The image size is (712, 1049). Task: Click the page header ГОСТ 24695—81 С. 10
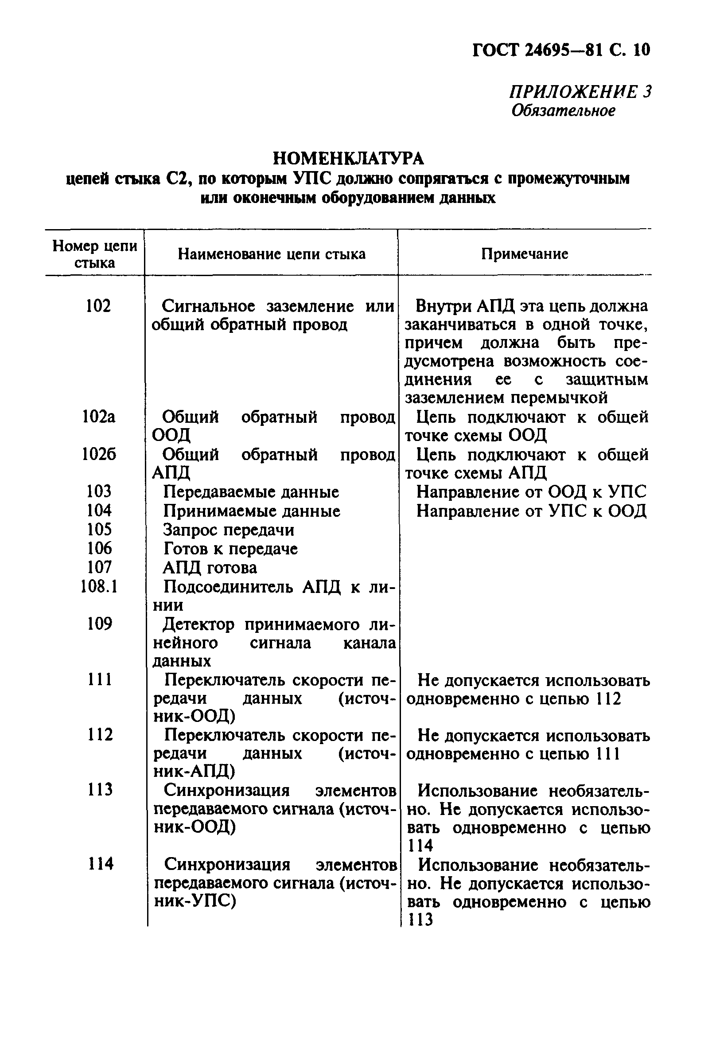tap(561, 50)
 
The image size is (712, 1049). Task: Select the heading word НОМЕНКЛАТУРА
tap(348, 158)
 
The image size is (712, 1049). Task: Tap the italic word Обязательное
tap(563, 111)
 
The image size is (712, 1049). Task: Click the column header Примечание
tap(524, 254)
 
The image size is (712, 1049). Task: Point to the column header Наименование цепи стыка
tap(271, 254)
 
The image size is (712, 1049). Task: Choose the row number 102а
tap(99, 417)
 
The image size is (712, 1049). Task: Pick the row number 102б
tap(99, 454)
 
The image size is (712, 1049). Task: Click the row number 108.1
tap(99, 586)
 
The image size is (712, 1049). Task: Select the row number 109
tap(99, 624)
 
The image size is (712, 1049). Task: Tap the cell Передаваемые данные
tap(251, 491)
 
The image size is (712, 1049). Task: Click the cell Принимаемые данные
tap(251, 511)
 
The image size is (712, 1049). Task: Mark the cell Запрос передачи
tap(228, 530)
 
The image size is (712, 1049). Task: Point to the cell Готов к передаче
tap(230, 549)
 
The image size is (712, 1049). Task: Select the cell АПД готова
tap(210, 568)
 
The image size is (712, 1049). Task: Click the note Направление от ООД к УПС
tap(531, 491)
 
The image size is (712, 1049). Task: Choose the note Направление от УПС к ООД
tap(531, 511)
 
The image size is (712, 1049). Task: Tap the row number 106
tap(99, 548)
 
